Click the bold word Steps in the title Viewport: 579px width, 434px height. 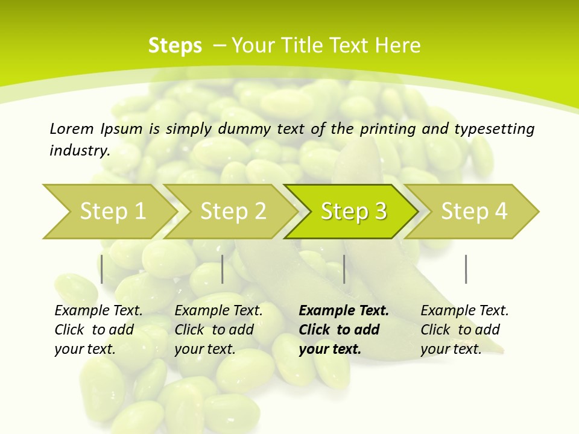click(x=175, y=45)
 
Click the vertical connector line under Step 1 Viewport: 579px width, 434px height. click(x=102, y=269)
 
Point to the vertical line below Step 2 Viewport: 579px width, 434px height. click(x=223, y=269)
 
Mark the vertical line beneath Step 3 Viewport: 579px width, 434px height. click(x=344, y=269)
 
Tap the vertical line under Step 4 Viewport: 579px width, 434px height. click(x=466, y=269)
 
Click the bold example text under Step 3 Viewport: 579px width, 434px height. click(x=343, y=330)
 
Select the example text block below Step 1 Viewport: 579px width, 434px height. click(x=98, y=330)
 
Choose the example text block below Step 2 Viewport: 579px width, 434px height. click(x=218, y=330)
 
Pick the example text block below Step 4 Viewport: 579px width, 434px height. click(x=464, y=330)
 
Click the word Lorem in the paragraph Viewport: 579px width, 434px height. click(x=71, y=128)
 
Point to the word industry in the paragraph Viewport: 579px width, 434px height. click(x=79, y=150)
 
